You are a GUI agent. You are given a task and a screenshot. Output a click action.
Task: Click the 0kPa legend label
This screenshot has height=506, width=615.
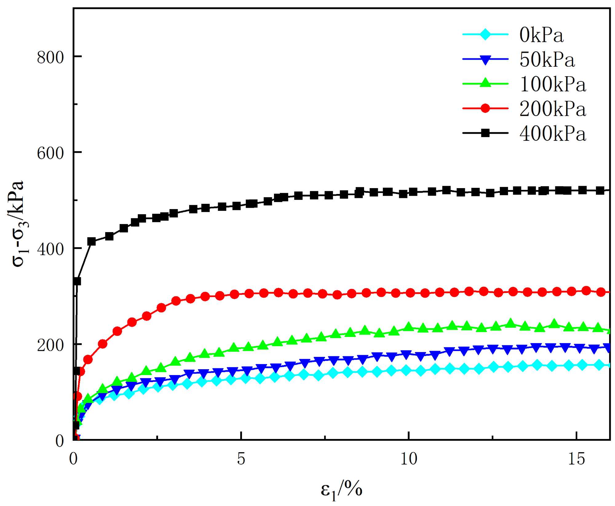pos(541,35)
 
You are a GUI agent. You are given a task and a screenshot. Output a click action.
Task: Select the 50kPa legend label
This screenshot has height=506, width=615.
pos(547,60)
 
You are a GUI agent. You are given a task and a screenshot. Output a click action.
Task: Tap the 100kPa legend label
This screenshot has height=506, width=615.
pos(553,84)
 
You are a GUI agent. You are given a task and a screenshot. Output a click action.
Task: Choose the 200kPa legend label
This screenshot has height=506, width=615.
pos(553,109)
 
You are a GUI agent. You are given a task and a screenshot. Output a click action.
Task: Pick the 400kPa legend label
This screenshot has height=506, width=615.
pos(553,133)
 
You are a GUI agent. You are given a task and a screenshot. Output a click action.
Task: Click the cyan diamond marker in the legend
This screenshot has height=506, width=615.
pos(485,34)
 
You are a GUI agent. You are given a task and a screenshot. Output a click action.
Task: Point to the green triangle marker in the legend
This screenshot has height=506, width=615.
pos(485,83)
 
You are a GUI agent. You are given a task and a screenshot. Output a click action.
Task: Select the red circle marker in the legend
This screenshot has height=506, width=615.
pos(485,108)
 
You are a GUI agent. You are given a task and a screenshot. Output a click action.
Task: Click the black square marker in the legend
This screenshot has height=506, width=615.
pos(485,133)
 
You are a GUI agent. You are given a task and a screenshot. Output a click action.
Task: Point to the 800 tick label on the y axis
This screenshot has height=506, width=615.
pos(50,57)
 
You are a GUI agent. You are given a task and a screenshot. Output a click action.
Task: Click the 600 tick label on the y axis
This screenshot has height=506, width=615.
pos(50,153)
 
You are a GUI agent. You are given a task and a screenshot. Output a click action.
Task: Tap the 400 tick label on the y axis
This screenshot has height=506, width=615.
pos(50,249)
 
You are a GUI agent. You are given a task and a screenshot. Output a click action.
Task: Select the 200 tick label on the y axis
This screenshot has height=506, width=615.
pos(50,345)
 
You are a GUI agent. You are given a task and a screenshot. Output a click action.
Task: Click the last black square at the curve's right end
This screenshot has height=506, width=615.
pos(600,190)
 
